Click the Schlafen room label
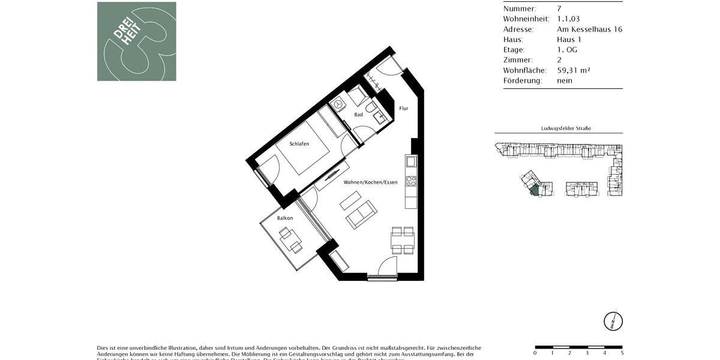(299, 144)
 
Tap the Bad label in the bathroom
(358, 114)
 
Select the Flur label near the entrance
(404, 109)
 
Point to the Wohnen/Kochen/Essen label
(370, 182)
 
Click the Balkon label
(285, 218)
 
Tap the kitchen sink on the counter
(410, 161)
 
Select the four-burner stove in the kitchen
(411, 180)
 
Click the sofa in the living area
(361, 214)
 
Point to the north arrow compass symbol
(613, 321)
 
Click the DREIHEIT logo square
(137, 41)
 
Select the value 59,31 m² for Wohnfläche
(574, 70)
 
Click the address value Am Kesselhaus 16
(587, 29)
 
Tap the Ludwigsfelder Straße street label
(558, 128)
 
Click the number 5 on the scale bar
(622, 353)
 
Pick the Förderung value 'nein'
(565, 80)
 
